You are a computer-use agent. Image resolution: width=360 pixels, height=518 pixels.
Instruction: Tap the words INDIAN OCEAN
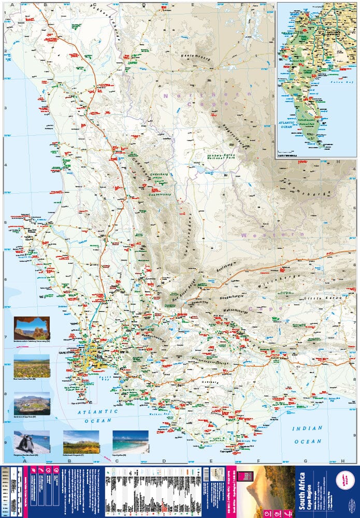307,435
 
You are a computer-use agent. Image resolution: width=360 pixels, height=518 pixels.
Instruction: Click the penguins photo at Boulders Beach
32,441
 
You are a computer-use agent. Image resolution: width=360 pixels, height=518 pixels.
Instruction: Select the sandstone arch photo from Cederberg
32,328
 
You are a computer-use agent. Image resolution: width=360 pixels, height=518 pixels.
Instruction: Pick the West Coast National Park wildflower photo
32,366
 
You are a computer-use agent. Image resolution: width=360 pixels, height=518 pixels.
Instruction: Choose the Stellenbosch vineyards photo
81,441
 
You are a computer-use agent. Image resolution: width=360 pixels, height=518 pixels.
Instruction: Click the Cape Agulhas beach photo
130,441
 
